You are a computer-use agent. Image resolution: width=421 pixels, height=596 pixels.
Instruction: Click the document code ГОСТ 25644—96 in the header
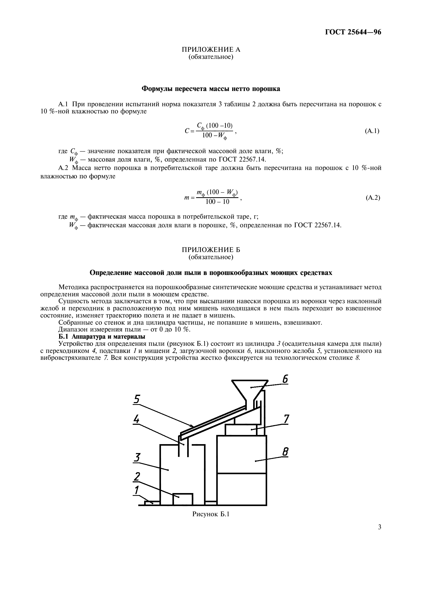pyautogui.click(x=353, y=32)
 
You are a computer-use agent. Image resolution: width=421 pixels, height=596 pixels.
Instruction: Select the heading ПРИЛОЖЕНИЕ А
pyautogui.click(x=211, y=49)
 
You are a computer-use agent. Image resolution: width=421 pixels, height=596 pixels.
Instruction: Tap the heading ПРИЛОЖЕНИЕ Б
pyautogui.click(x=211, y=250)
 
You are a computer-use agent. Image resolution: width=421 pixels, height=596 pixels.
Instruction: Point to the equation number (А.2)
pyautogui.click(x=373, y=198)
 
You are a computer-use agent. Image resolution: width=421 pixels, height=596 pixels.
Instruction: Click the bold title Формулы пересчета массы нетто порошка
pyautogui.click(x=211, y=89)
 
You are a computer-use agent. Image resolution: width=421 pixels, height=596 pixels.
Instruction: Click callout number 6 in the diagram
pyautogui.click(x=284, y=379)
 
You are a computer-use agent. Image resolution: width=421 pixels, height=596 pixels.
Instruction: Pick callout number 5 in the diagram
pyautogui.click(x=137, y=399)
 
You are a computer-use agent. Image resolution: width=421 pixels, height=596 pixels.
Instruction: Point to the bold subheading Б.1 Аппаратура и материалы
pyautogui.click(x=102, y=337)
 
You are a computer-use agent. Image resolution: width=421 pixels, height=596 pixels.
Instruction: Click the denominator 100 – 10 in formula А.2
pyautogui.click(x=217, y=202)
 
